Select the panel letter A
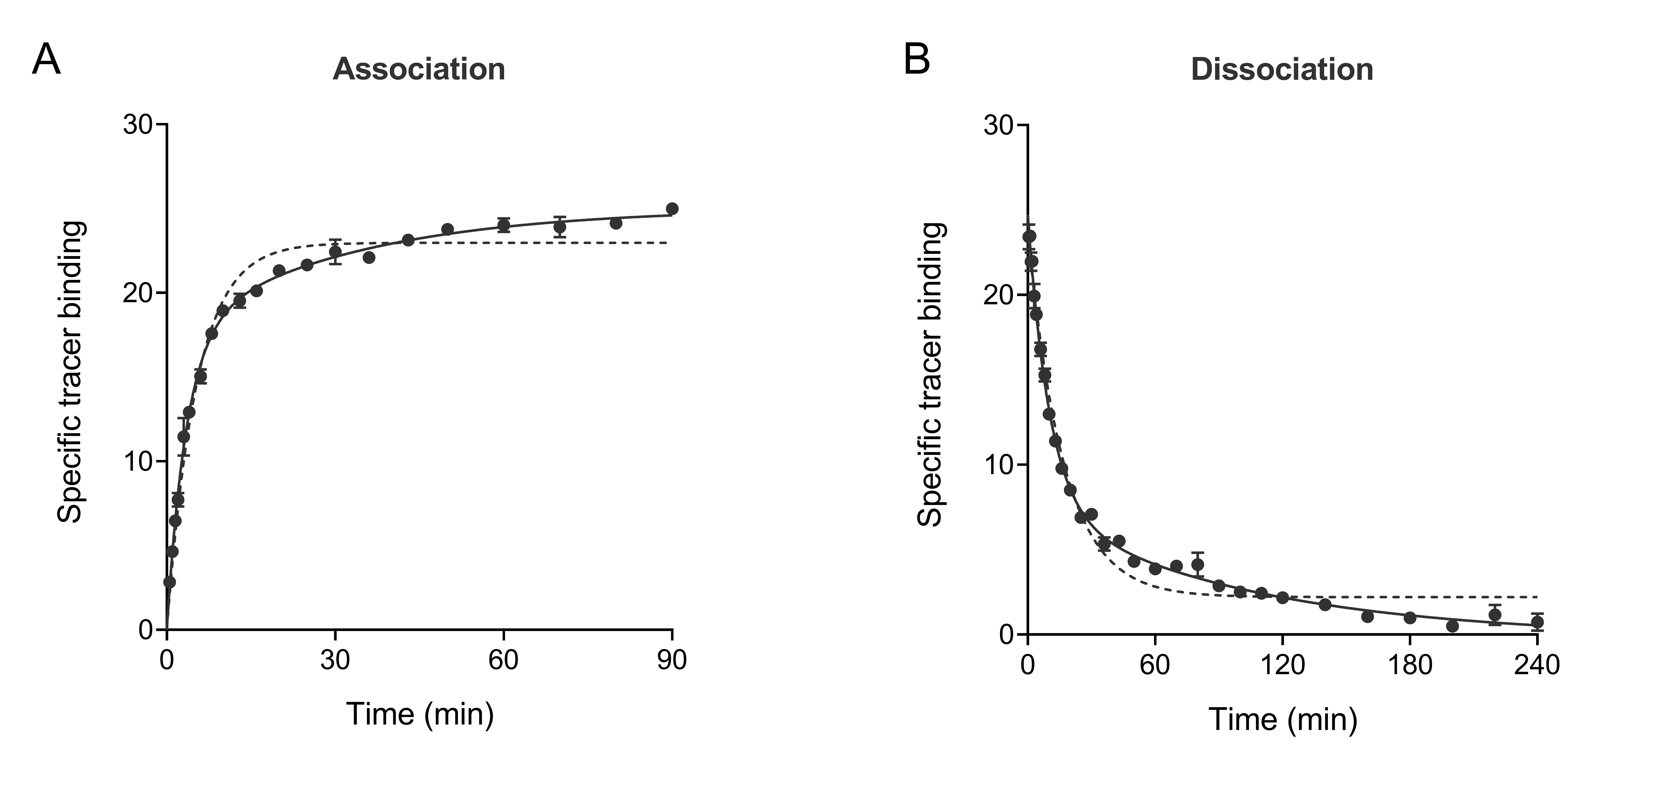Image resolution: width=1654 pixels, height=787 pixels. point(46,60)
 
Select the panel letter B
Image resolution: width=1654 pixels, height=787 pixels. point(917,60)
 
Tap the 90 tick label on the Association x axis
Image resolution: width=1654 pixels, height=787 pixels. point(672,660)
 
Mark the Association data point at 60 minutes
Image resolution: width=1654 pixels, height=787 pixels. point(503,225)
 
